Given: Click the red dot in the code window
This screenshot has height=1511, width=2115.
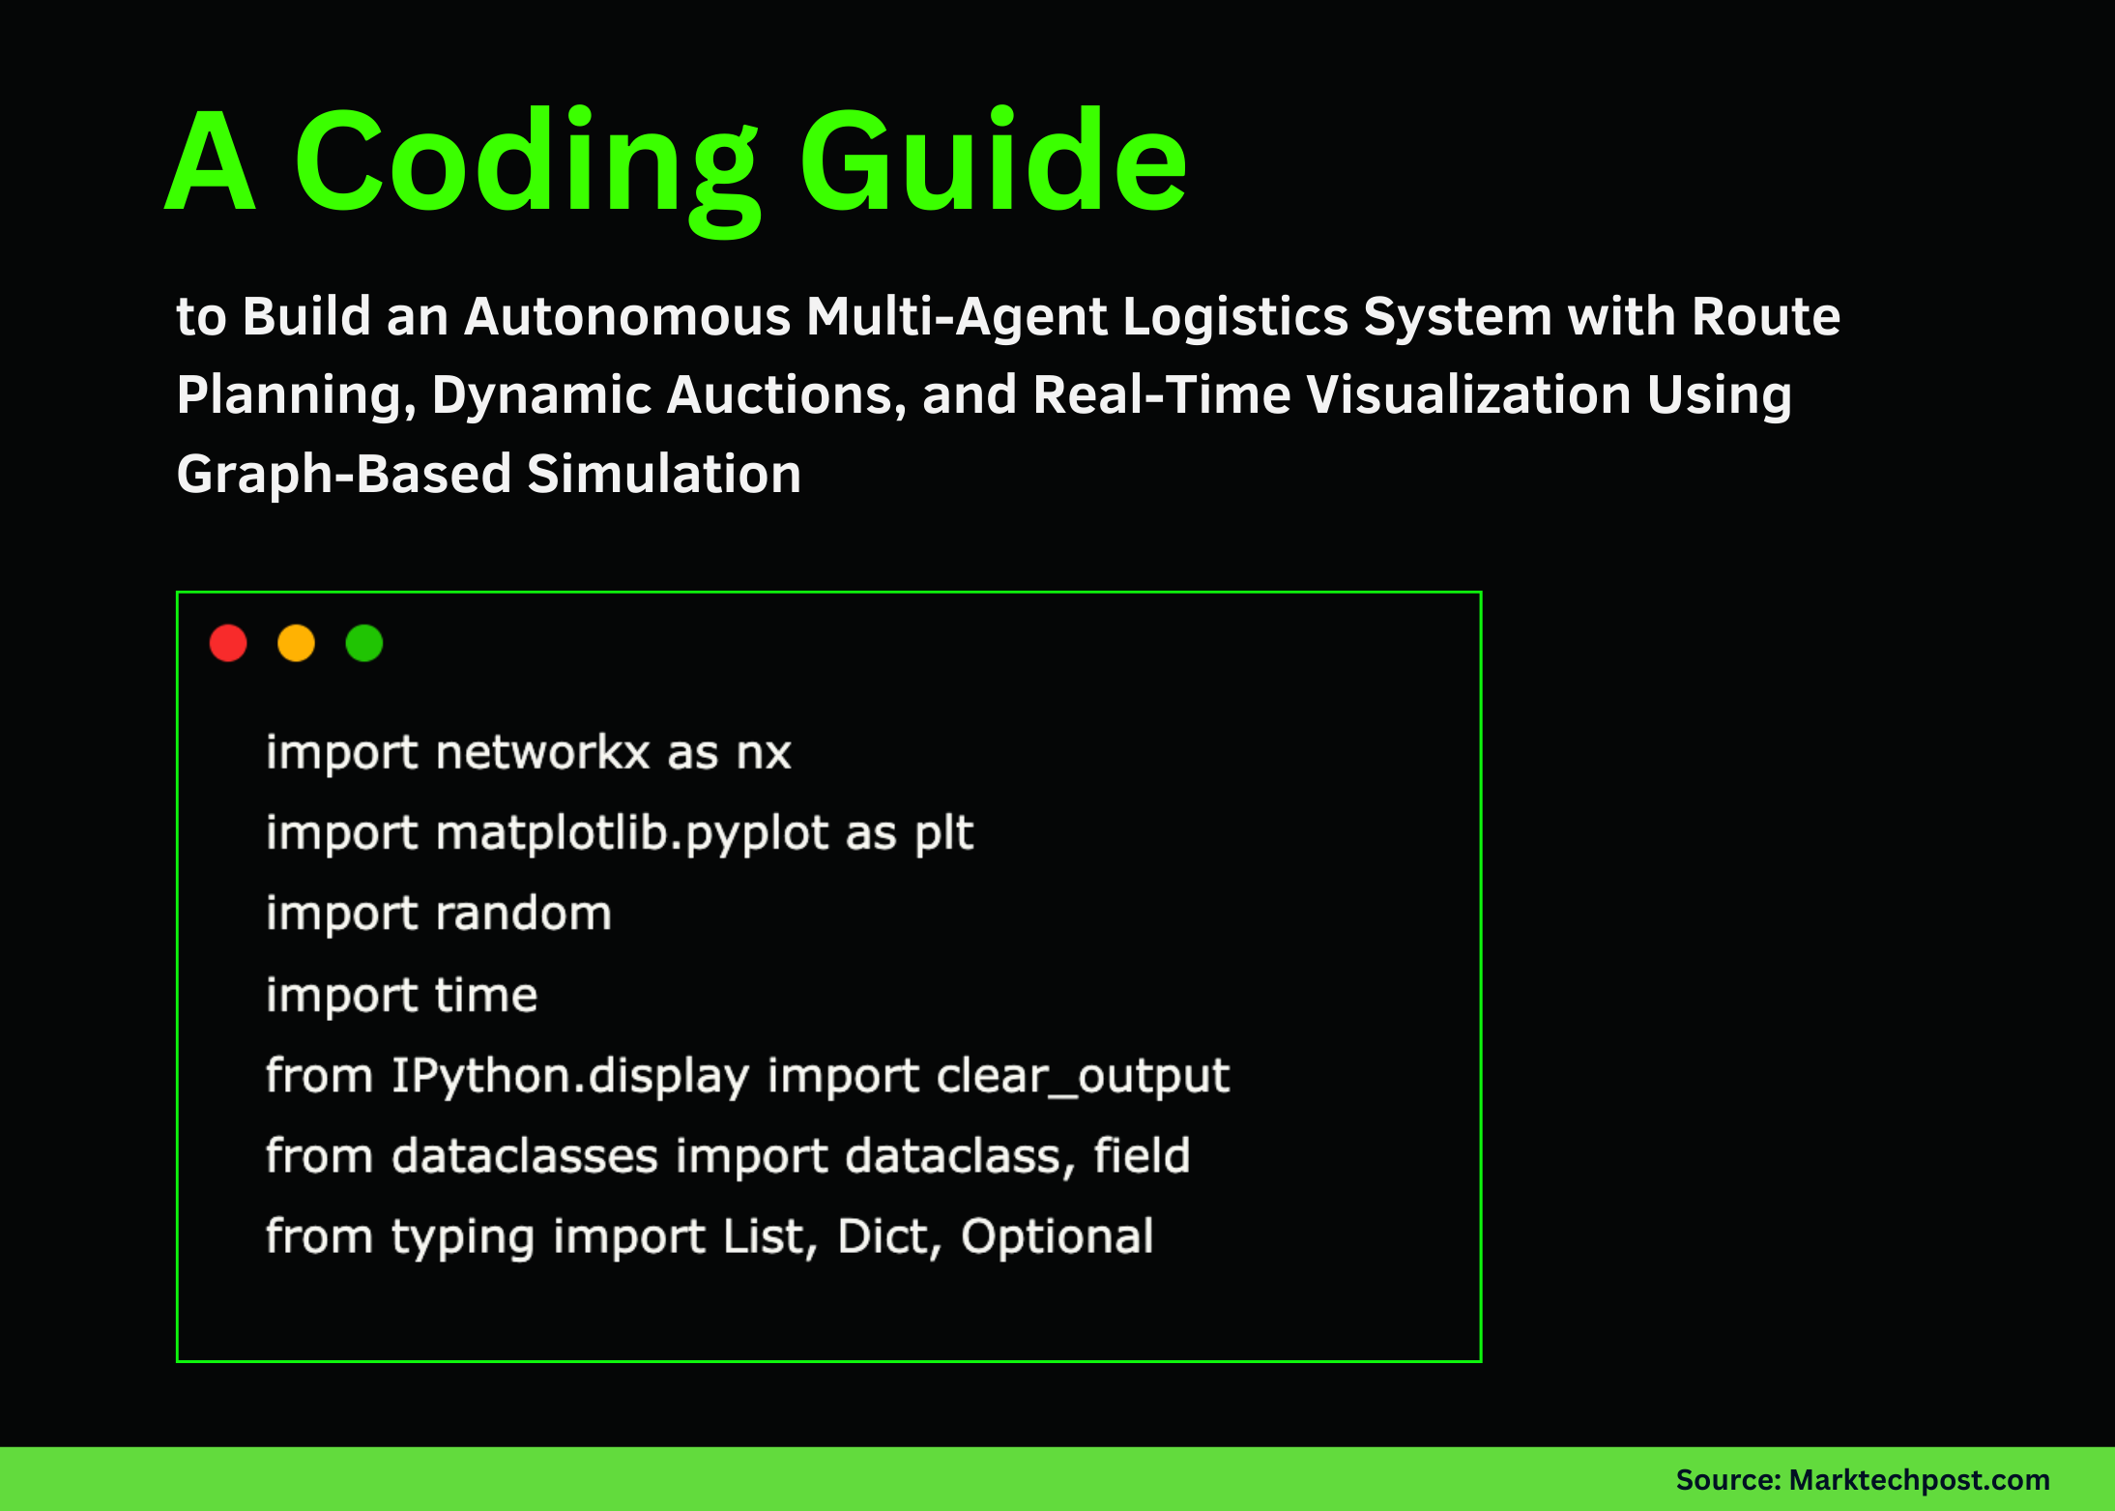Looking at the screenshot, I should click(228, 644).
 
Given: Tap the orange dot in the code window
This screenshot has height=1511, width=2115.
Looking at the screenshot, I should click(296, 644).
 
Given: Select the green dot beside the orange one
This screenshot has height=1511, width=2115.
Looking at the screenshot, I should click(364, 644).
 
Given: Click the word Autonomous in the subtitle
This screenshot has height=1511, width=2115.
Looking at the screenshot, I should click(627, 317).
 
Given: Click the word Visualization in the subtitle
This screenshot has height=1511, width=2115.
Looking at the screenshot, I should click(1468, 395).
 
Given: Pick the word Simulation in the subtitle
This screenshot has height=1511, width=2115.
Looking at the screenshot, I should click(664, 475).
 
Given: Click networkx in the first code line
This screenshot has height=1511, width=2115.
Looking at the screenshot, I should click(542, 753).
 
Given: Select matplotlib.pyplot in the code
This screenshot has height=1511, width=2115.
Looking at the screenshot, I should click(632, 833).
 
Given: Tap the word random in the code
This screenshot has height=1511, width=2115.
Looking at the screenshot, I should click(523, 914).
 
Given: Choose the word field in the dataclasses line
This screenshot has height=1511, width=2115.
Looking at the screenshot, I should click(1142, 1156).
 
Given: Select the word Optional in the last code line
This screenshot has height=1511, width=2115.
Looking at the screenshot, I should click(1057, 1236).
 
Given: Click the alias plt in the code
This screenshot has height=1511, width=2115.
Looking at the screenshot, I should click(943, 833).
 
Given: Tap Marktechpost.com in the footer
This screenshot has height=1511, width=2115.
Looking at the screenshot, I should click(1919, 1480).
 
